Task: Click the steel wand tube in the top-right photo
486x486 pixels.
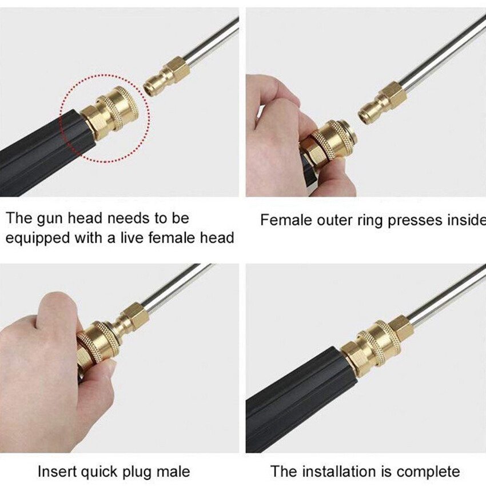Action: [x=443, y=51]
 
